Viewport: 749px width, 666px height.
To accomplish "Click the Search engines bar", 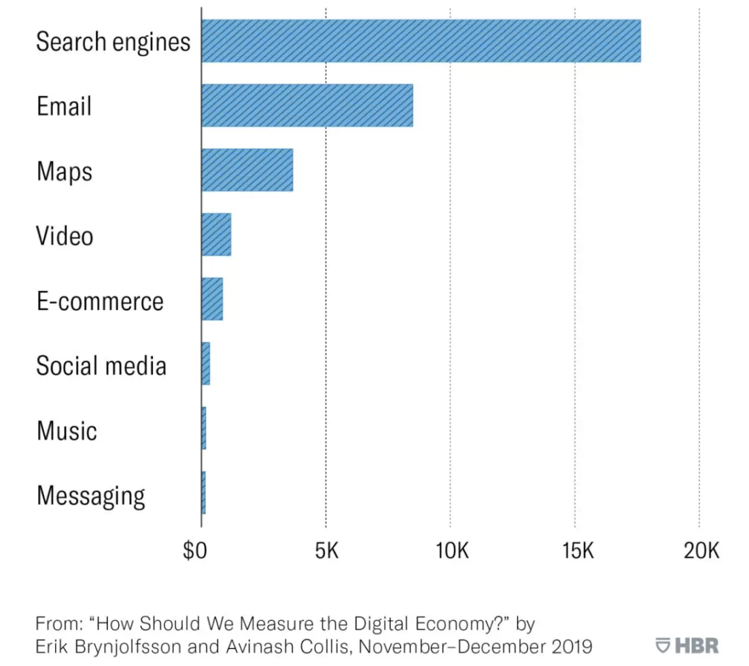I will (x=421, y=41).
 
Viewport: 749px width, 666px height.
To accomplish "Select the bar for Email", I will (x=307, y=105).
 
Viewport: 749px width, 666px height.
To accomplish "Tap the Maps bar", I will (x=247, y=170).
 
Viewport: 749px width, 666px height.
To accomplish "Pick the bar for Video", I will (x=216, y=234).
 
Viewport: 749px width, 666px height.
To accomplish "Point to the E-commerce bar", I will (x=212, y=299).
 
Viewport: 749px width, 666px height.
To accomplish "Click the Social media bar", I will (x=206, y=364).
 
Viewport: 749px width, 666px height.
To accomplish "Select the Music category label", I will (x=67, y=430).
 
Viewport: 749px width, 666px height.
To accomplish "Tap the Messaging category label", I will (x=90, y=495).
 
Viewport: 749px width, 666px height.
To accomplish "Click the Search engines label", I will (x=113, y=41).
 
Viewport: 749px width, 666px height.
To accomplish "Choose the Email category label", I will (x=64, y=106).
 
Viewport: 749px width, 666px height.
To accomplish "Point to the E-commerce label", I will (x=100, y=300).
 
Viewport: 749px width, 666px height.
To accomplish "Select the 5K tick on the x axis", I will (x=326, y=550).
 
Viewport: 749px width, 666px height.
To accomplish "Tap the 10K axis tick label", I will (x=451, y=550).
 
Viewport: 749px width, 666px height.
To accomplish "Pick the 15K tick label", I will (x=576, y=550).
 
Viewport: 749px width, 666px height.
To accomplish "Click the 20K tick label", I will (x=701, y=550).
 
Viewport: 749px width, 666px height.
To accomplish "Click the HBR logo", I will (x=687, y=644).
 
